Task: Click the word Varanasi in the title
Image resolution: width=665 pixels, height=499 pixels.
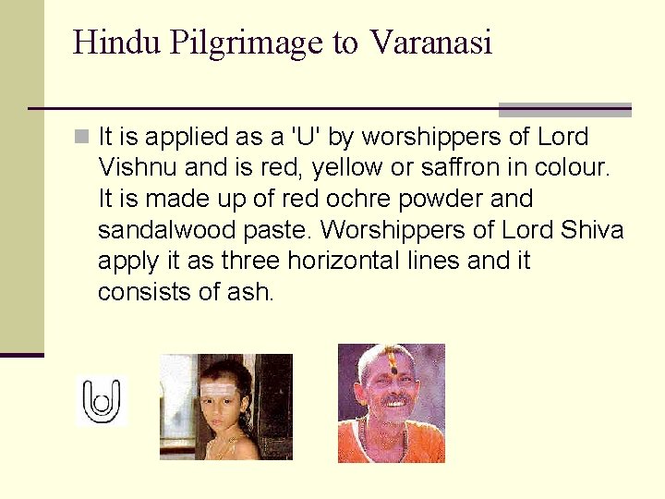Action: [430, 43]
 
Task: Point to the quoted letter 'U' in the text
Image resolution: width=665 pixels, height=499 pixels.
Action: [305, 138]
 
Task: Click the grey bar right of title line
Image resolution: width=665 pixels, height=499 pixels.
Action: [564, 109]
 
